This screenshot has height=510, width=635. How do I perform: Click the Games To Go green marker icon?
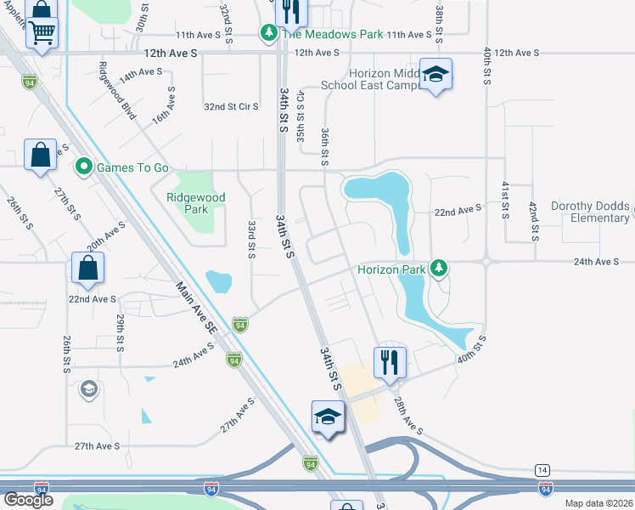84,167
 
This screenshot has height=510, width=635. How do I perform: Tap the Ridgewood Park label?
196,203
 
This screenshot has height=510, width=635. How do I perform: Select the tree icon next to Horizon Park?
438,269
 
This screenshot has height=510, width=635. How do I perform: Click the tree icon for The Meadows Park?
269,34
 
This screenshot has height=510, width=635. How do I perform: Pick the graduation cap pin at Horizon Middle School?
436,75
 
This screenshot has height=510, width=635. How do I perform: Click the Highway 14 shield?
542,470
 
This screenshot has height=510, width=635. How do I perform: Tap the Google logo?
28,500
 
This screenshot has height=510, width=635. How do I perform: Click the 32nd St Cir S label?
231,106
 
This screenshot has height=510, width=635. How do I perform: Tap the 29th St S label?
121,332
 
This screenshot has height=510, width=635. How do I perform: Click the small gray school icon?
88,389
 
